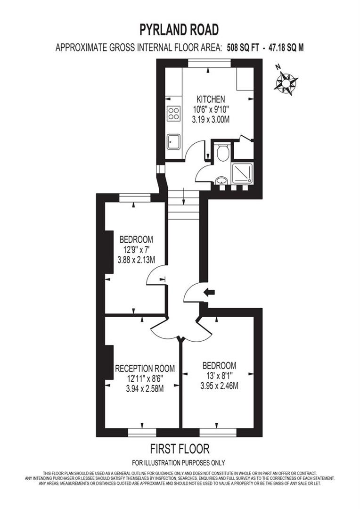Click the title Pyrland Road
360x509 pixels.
[x=179, y=30]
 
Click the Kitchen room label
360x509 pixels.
[x=211, y=99]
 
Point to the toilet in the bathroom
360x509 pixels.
[x=223, y=152]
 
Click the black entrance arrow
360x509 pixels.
[x=208, y=292]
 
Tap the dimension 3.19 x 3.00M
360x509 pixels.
[x=211, y=120]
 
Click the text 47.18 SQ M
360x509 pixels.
[x=286, y=48]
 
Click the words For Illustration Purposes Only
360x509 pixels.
[x=179, y=462]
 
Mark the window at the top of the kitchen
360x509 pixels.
[x=209, y=62]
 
